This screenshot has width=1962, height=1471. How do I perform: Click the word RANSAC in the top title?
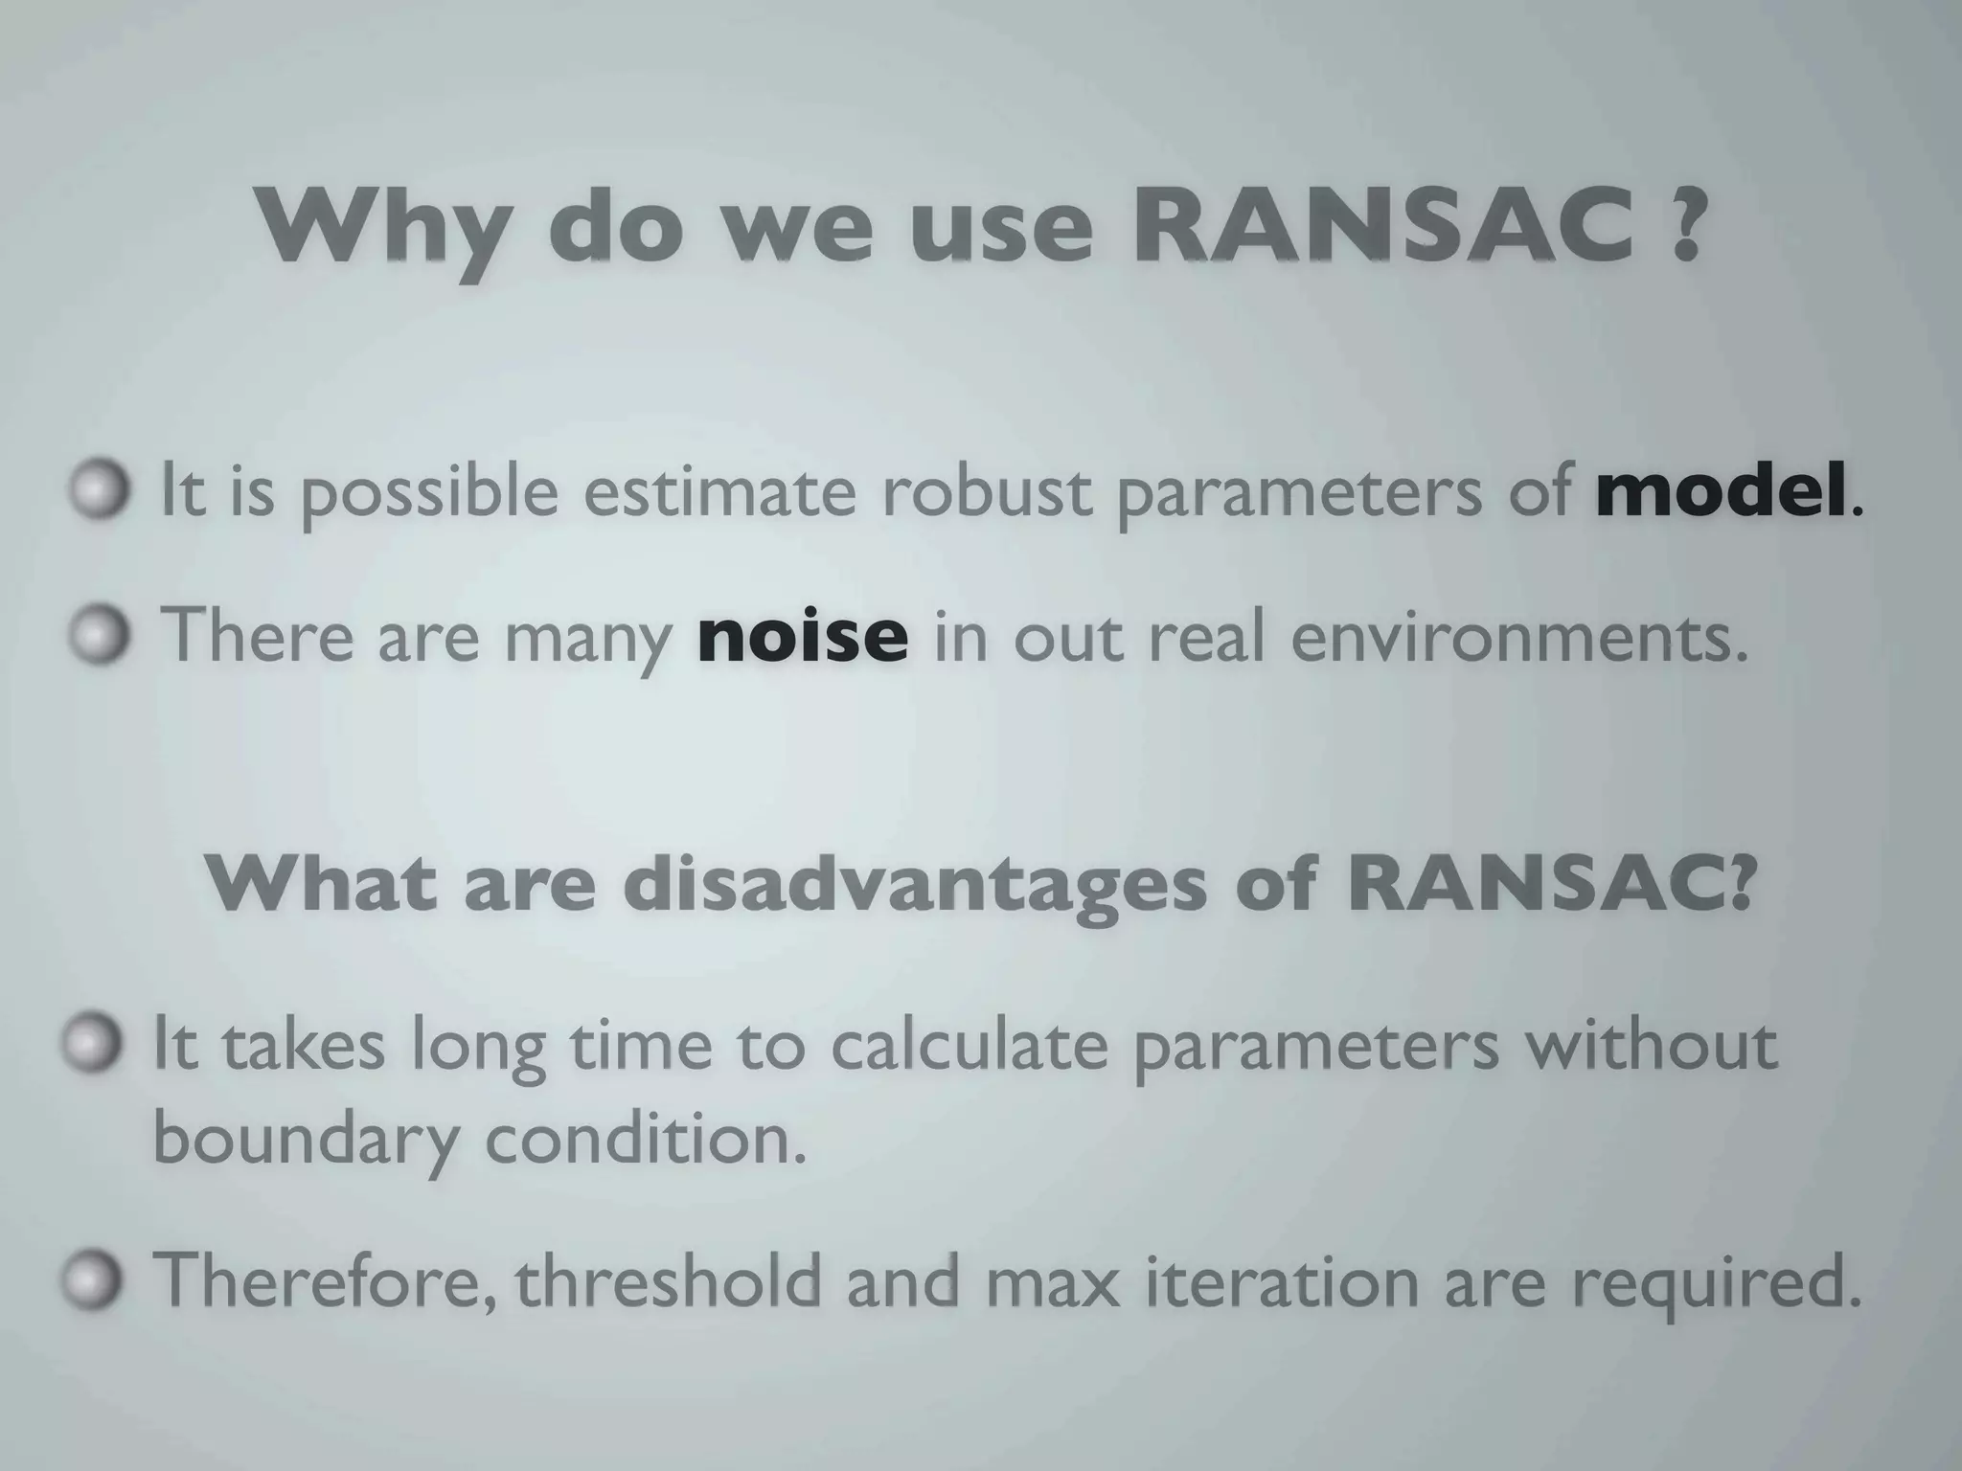1383,228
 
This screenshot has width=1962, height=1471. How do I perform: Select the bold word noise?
803,636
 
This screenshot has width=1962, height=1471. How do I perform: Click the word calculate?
968,1045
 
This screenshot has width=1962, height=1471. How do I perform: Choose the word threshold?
670,1279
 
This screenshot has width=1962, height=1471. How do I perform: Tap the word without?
1652,1045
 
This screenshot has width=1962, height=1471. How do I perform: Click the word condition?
644,1140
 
